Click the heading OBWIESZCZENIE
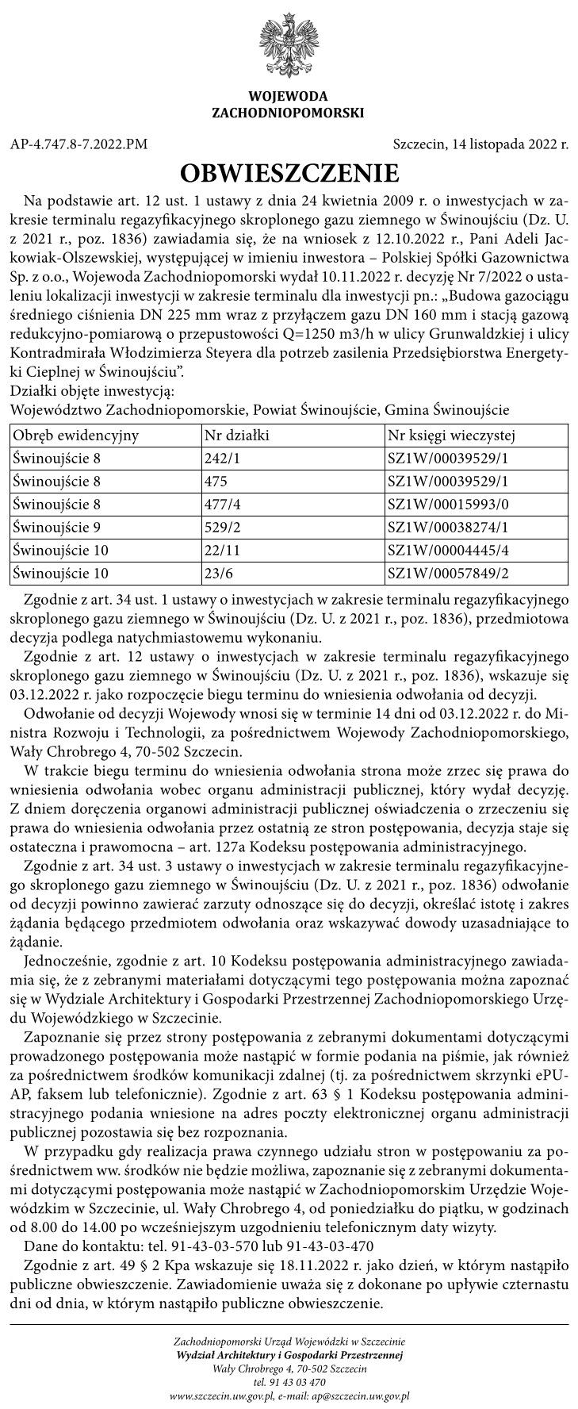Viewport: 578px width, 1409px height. (289, 172)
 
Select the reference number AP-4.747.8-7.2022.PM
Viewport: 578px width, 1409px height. (79, 144)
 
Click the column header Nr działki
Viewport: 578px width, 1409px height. (237, 436)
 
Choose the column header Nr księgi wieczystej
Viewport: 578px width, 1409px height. (452, 436)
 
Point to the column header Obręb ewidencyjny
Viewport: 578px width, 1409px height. (76, 436)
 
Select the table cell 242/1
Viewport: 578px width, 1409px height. (222, 459)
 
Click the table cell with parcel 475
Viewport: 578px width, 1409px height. (216, 482)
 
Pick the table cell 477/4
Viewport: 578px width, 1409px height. (222, 504)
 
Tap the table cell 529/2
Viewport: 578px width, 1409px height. (222, 527)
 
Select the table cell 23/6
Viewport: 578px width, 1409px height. (220, 573)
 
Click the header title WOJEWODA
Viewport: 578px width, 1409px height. (288, 97)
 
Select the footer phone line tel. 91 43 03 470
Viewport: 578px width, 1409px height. (289, 1381)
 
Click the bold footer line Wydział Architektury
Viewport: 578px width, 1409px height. (289, 1356)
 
